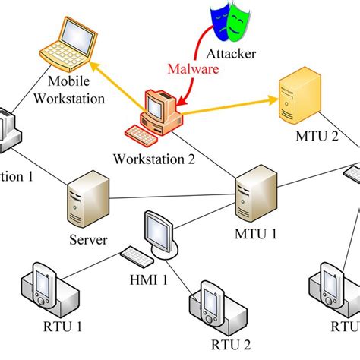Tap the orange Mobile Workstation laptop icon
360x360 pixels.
click(x=69, y=45)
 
